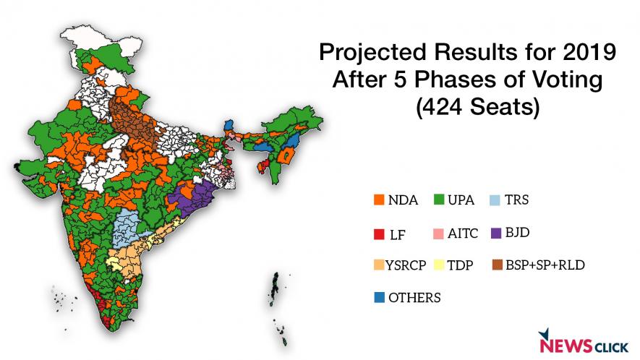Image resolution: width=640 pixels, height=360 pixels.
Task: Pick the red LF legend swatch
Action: point(376,233)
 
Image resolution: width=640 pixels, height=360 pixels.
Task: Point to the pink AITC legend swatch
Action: point(438,233)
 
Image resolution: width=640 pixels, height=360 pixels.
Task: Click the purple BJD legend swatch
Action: point(494,233)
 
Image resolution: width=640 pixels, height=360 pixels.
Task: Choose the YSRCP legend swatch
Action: point(376,265)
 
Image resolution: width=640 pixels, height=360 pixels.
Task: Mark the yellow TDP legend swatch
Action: point(438,265)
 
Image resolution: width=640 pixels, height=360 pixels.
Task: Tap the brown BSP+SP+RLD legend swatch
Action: point(494,265)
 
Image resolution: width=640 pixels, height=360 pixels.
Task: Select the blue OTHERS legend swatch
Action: point(376,297)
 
